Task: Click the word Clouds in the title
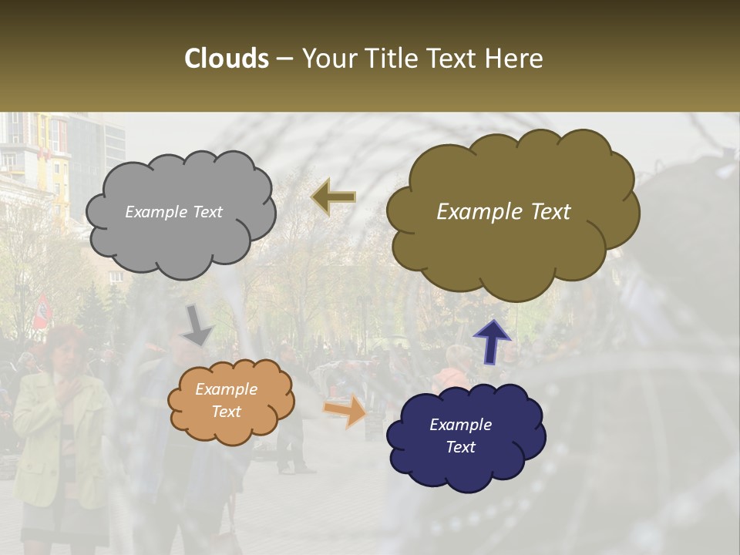click(x=227, y=59)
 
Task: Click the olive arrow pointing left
click(x=333, y=197)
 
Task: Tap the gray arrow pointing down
click(x=197, y=325)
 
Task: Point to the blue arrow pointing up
click(x=492, y=341)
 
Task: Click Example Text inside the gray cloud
click(x=173, y=212)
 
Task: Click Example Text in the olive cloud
click(x=503, y=212)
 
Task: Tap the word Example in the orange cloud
click(x=226, y=389)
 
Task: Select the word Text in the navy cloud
click(x=460, y=447)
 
